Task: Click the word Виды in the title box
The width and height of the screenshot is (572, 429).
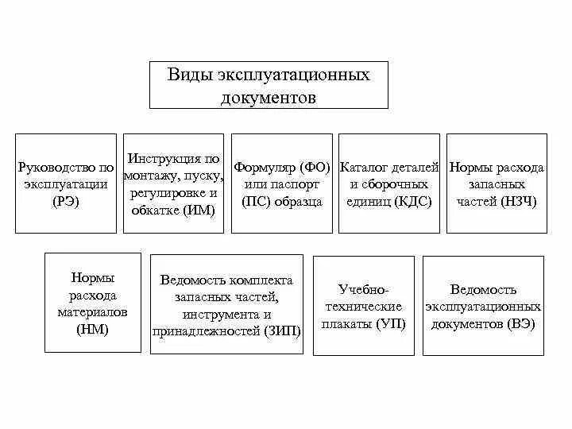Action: pos(185,75)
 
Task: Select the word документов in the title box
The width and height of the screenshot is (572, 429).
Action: pos(269,99)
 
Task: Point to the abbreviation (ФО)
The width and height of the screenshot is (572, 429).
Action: pos(315,168)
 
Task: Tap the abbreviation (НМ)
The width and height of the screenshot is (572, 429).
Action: pos(92,328)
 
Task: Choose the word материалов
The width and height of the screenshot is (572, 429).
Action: pos(92,311)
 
